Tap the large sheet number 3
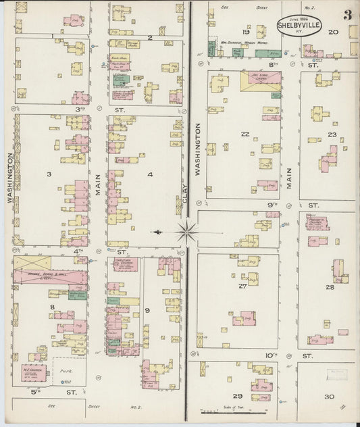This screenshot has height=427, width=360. pyautogui.click(x=346, y=15)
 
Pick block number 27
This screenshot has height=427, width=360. pyautogui.click(x=241, y=286)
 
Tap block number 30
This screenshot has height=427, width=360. pyautogui.click(x=328, y=397)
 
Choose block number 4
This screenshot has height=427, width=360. pyautogui.click(x=149, y=174)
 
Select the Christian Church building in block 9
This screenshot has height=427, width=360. pyautogui.click(x=125, y=264)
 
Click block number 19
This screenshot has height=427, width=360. pyautogui.click(x=245, y=32)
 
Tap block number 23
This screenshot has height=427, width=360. pyautogui.click(x=332, y=134)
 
